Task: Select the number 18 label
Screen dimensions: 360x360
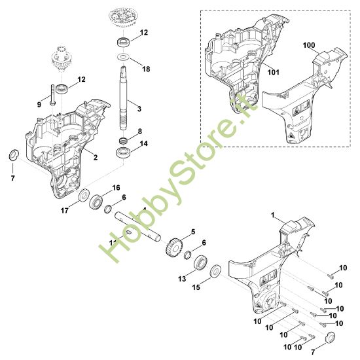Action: [x=145, y=69]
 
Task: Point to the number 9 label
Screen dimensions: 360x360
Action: [x=39, y=103]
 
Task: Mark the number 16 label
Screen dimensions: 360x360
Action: [x=116, y=187]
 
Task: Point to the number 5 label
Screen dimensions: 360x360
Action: [x=193, y=232]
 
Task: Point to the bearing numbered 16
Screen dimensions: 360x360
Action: [x=98, y=200]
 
